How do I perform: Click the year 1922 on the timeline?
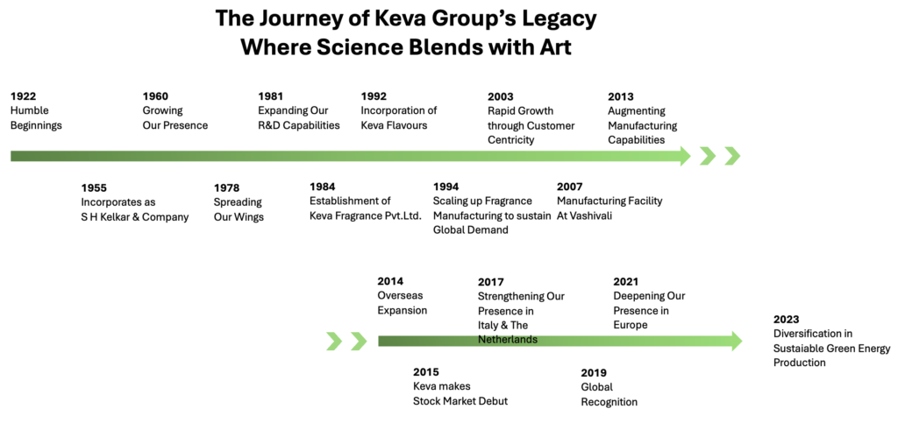pyautogui.click(x=24, y=96)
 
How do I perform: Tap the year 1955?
pyautogui.click(x=94, y=187)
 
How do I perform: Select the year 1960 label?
pyautogui.click(x=155, y=96)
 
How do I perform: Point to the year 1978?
pyautogui.click(x=226, y=187)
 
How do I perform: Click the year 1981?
pyautogui.click(x=271, y=96)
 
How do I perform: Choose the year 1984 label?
pyautogui.click(x=323, y=187)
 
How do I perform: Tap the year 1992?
pyautogui.click(x=374, y=96)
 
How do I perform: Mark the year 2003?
pyautogui.click(x=501, y=96)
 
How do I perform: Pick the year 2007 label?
pyautogui.click(x=570, y=187)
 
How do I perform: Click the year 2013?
pyautogui.click(x=621, y=96)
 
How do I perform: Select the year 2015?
pyautogui.click(x=426, y=372)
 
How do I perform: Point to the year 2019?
pyautogui.click(x=594, y=372)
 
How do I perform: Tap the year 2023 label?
pyautogui.click(x=787, y=320)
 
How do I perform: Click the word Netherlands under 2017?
pyautogui.click(x=508, y=340)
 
